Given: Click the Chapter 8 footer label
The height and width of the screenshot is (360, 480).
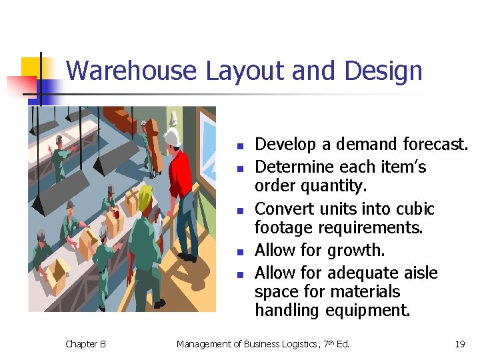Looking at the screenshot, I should [85, 344].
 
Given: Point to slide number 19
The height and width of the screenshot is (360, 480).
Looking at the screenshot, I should [459, 344].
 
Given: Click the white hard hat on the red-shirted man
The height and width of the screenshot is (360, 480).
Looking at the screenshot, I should [173, 137].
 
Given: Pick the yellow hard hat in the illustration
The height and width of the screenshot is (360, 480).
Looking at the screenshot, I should [144, 193].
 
